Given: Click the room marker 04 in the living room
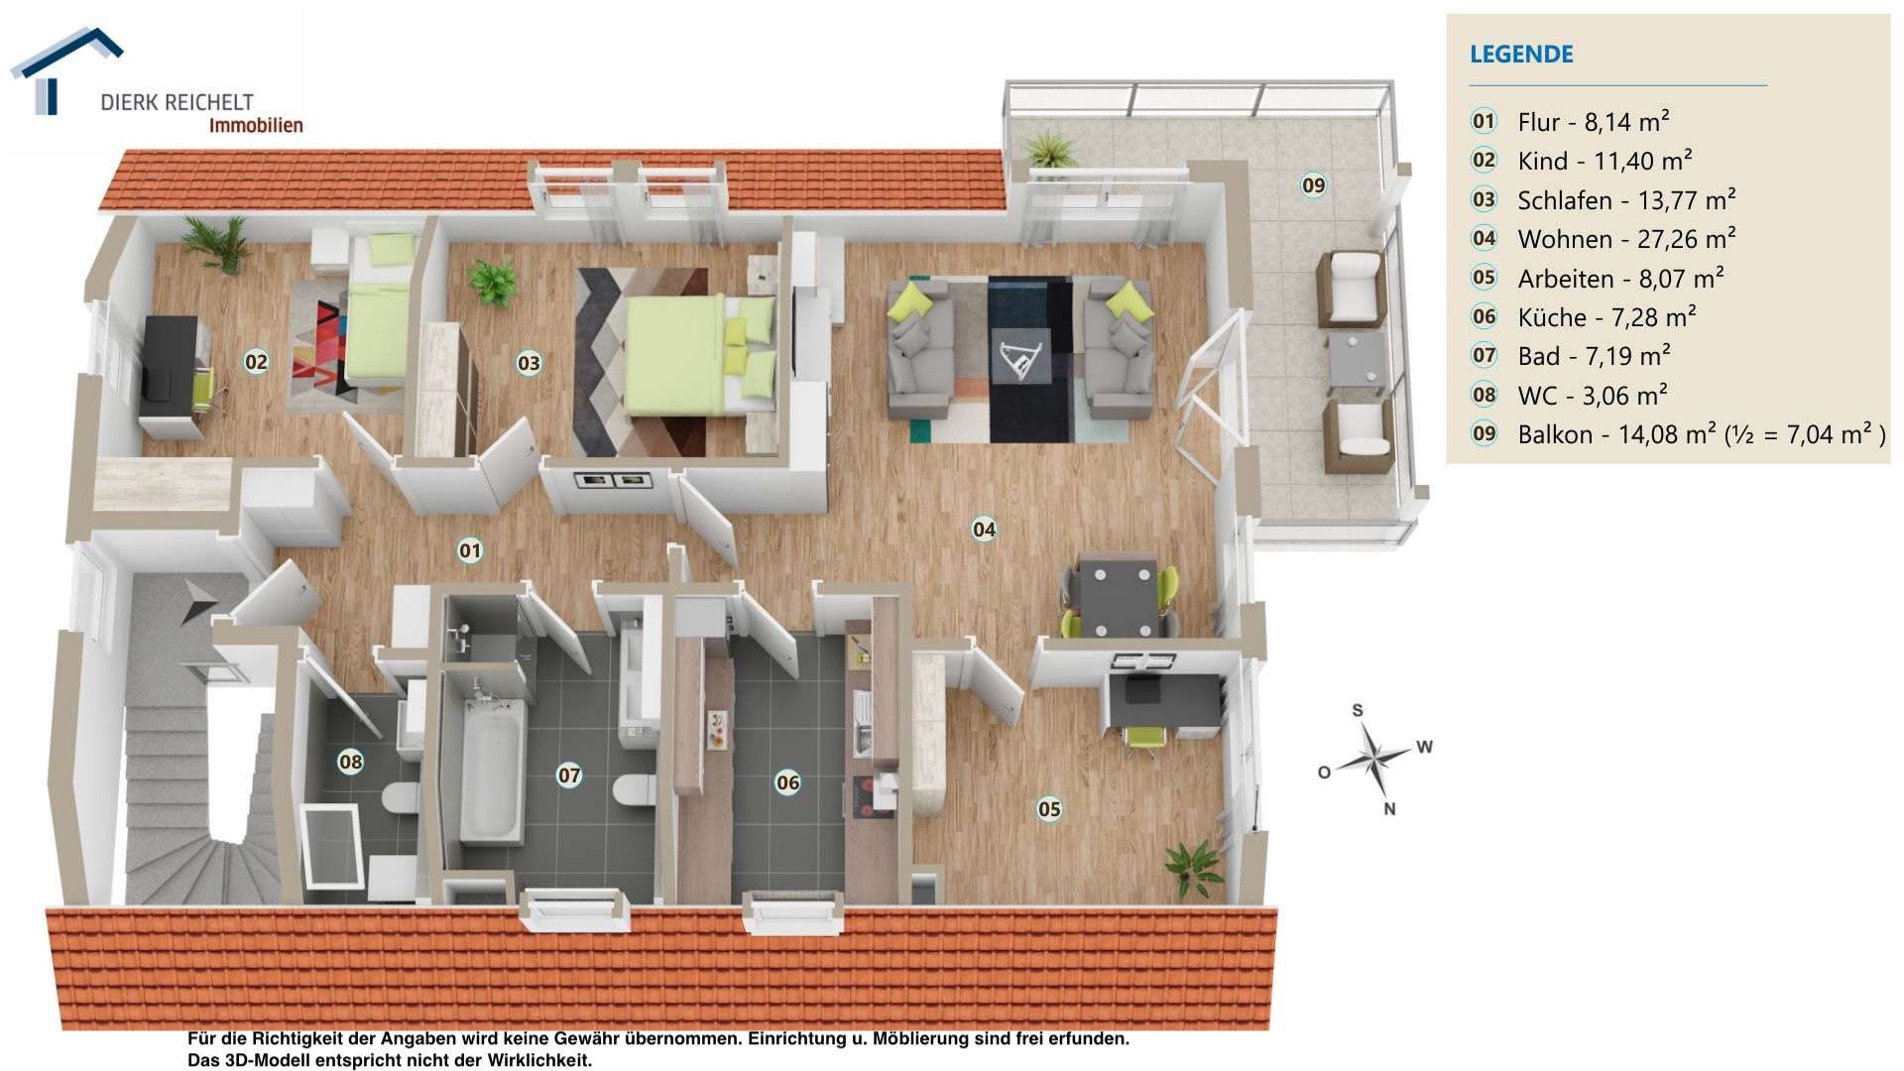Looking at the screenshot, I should (x=984, y=530).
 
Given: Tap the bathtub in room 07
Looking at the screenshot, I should (x=491, y=769).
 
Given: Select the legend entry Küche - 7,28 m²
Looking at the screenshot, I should (x=1606, y=317).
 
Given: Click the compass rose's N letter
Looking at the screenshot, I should (x=1389, y=809).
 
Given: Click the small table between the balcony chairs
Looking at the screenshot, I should (x=1356, y=359).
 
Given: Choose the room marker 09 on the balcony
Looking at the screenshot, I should (x=1313, y=185).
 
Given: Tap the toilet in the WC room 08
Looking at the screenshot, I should (x=400, y=797).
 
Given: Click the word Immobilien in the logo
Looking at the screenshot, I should (x=255, y=126).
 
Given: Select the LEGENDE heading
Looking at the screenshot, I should (x=1521, y=55).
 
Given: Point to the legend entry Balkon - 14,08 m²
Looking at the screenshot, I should (x=1701, y=434).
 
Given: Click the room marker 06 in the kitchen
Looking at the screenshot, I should (x=787, y=783).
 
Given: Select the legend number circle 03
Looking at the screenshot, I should (x=1484, y=199).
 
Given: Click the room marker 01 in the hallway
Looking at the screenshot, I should (x=469, y=550).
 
